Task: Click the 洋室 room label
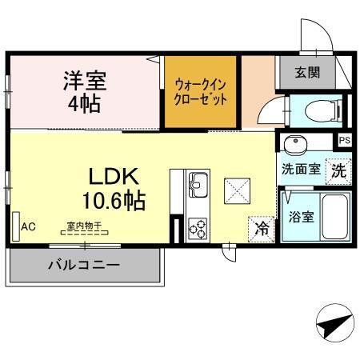coord(85,80)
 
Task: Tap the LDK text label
coord(114,176)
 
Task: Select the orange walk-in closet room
coord(200,92)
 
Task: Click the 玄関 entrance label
coord(307,72)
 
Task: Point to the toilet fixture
coord(324,110)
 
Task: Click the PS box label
coord(345,140)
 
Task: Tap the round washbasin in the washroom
coord(295,145)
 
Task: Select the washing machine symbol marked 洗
coord(338,171)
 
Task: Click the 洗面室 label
coord(301,169)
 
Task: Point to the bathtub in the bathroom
coord(335,217)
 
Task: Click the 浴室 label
coord(301,217)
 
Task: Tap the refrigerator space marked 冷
coord(262,229)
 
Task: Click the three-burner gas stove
coord(198,229)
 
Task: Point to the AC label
coord(28,227)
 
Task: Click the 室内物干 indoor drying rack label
coord(84,226)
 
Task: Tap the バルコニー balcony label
coord(84,265)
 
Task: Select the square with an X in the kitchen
coord(237,191)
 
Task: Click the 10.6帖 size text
coord(114,201)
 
